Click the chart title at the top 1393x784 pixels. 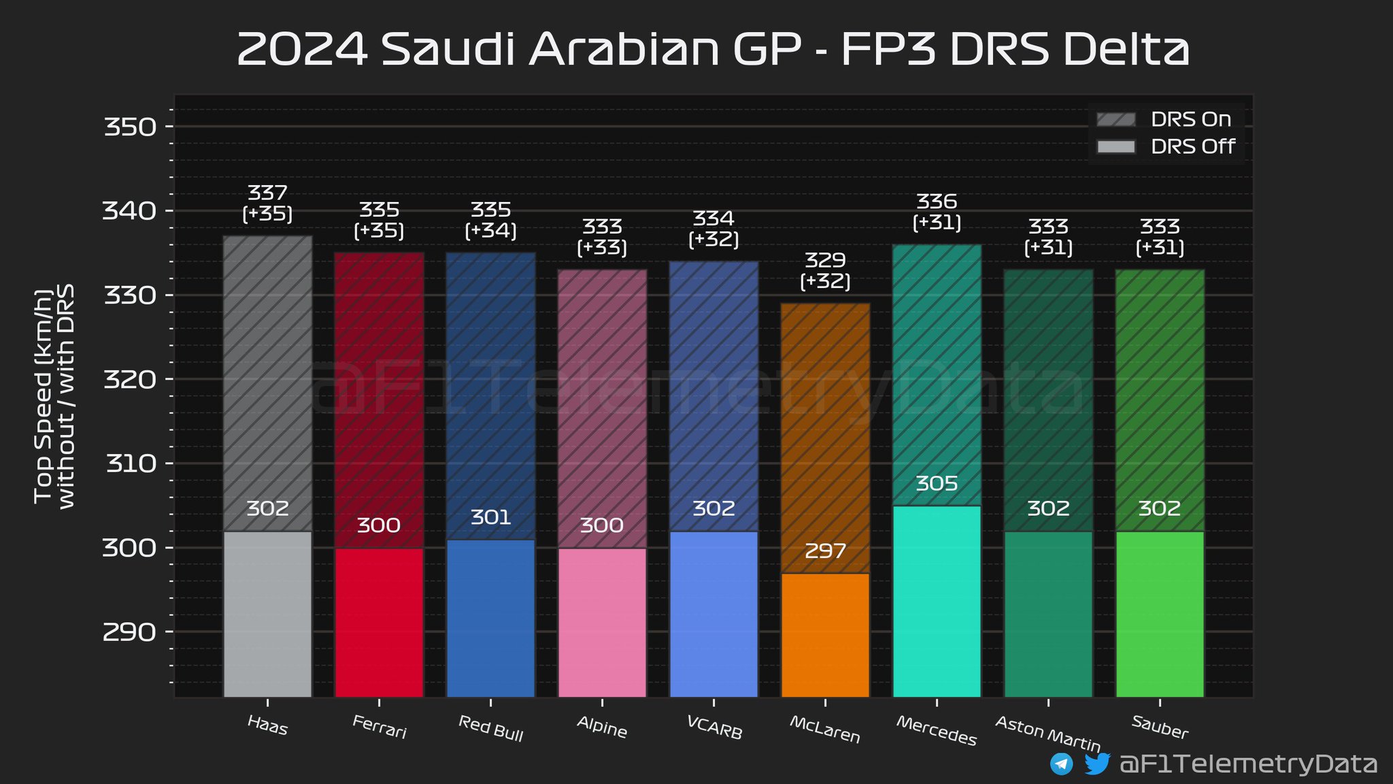(713, 49)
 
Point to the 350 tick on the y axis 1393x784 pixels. (130, 127)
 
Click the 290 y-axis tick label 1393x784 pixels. (130, 632)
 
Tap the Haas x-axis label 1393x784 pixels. (268, 725)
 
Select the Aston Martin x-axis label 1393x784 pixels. (1047, 733)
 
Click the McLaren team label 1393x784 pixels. (824, 729)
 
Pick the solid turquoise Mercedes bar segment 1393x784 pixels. (937, 602)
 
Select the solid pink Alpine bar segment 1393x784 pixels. (602, 622)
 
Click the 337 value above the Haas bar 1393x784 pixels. (267, 193)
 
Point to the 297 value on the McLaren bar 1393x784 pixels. (825, 551)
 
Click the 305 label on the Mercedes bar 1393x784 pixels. (937, 484)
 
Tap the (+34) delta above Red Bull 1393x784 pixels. (490, 231)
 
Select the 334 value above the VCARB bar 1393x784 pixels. (714, 218)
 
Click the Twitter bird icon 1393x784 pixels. (1096, 764)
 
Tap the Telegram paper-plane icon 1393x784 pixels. (1061, 764)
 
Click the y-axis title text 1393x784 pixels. (54, 397)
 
